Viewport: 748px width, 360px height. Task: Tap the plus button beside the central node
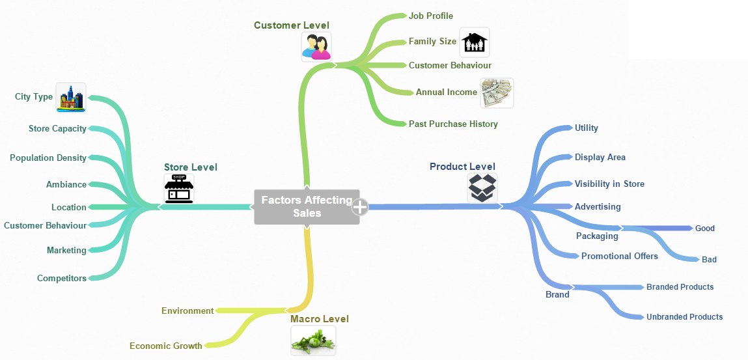pyautogui.click(x=360, y=207)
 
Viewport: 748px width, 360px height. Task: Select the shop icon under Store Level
pyautogui.click(x=179, y=189)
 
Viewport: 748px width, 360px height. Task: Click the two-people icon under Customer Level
pyautogui.click(x=316, y=47)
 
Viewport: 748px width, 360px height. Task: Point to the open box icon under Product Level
pyautogui.click(x=482, y=187)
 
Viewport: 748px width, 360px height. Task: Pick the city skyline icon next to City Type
pyautogui.click(x=71, y=98)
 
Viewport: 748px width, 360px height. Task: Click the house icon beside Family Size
pyautogui.click(x=475, y=43)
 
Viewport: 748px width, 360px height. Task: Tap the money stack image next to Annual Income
pyautogui.click(x=497, y=93)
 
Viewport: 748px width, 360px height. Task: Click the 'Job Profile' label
pyautogui.click(x=431, y=16)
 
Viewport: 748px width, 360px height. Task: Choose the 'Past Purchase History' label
pyautogui.click(x=453, y=124)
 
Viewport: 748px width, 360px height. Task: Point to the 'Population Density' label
pyautogui.click(x=48, y=158)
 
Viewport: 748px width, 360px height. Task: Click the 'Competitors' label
pyautogui.click(x=62, y=278)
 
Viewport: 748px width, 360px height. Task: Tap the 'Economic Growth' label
pyautogui.click(x=166, y=346)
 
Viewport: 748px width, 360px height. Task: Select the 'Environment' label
pyautogui.click(x=187, y=311)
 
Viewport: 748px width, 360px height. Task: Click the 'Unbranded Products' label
pyautogui.click(x=684, y=316)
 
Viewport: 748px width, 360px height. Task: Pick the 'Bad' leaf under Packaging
pyautogui.click(x=709, y=259)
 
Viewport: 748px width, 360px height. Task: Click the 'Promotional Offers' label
pyautogui.click(x=620, y=256)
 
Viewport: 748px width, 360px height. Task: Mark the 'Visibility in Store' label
pyautogui.click(x=609, y=184)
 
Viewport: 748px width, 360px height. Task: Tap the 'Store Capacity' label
pyautogui.click(x=57, y=128)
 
